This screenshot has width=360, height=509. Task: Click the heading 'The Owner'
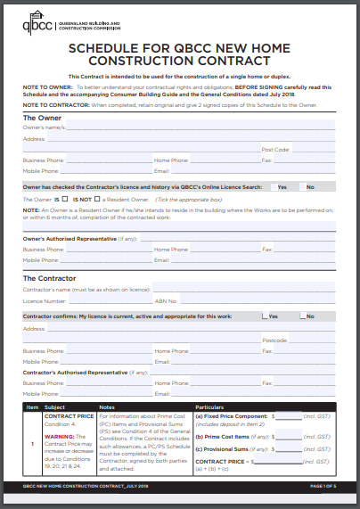click(x=42, y=118)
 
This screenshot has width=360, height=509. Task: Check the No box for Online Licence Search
click(x=301, y=187)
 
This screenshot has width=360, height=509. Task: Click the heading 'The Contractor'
click(x=51, y=279)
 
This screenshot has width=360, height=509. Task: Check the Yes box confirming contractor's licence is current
click(x=265, y=316)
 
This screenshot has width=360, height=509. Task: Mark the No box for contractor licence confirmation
click(x=303, y=316)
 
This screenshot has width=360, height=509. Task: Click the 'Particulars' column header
click(x=209, y=406)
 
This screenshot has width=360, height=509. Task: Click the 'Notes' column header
click(x=108, y=406)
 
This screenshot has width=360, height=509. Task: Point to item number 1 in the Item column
click(x=31, y=443)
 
